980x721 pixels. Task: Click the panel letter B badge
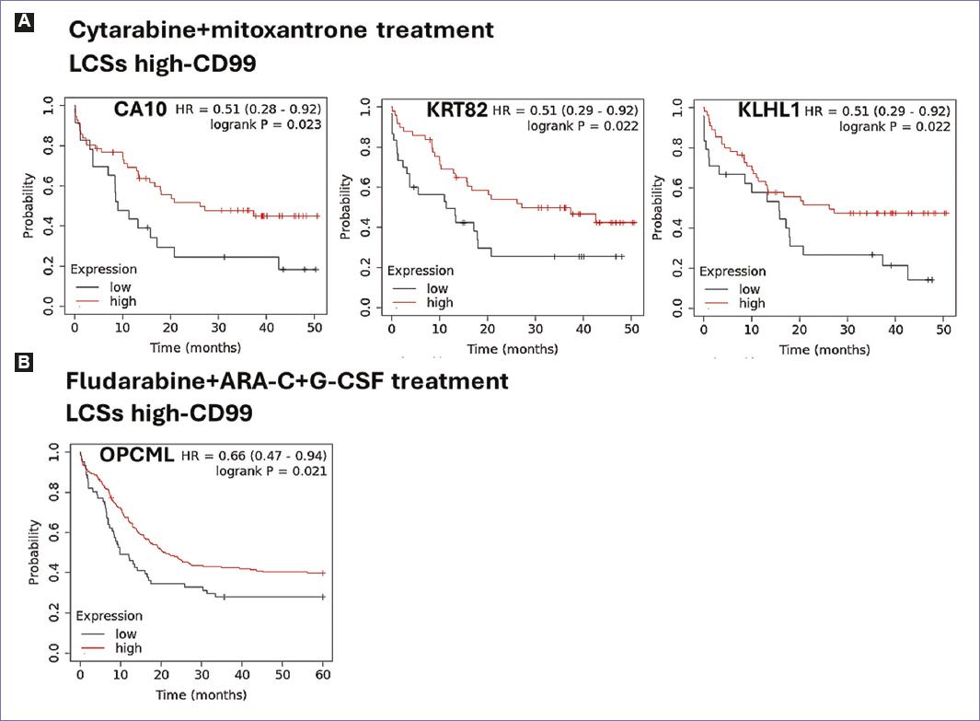tap(24, 362)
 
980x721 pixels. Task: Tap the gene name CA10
tap(140, 110)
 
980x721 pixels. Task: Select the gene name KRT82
tap(457, 110)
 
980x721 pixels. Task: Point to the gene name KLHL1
tap(768, 110)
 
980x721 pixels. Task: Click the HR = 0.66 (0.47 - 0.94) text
tap(254, 456)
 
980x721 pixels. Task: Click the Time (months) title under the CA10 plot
tap(197, 347)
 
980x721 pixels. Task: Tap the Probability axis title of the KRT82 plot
tap(346, 207)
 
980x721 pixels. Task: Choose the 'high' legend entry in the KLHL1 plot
tap(751, 303)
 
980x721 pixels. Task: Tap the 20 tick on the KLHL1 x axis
tap(800, 331)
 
